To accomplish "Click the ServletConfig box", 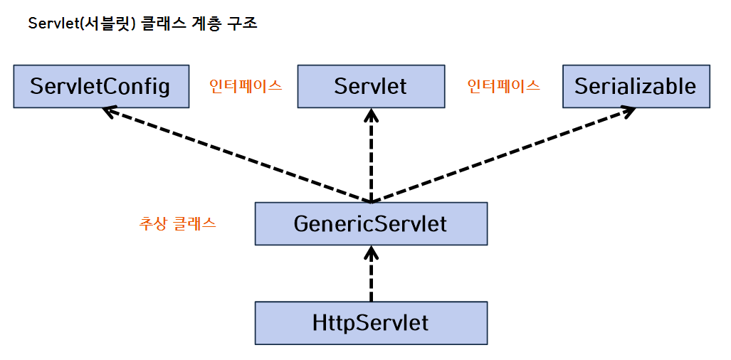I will tap(101, 87).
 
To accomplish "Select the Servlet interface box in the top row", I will tap(370, 87).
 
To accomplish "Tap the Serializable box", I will tap(636, 87).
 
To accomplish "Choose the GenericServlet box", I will tap(370, 224).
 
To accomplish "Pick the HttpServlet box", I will tap(370, 323).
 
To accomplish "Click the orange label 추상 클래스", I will tap(177, 223).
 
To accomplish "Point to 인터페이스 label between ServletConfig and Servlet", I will tap(245, 86).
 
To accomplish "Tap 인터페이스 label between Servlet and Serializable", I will tap(503, 86).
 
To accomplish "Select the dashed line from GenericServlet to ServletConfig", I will tap(235, 154).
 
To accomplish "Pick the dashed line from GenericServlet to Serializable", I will tap(505, 154).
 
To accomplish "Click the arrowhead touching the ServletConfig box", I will tap(109, 111).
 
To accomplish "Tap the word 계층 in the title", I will tap(202, 23).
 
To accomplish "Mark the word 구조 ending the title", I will tap(242, 23).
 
